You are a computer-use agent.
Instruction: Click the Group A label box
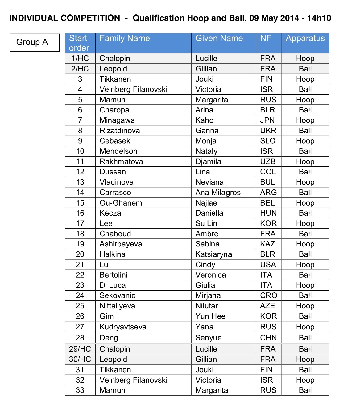tap(35, 43)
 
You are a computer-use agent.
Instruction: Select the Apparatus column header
tap(305, 39)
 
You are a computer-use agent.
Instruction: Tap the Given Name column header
tap(219, 39)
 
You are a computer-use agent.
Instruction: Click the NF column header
tap(266, 39)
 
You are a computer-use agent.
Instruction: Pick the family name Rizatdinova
tap(120, 131)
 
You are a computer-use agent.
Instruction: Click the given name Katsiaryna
tap(213, 254)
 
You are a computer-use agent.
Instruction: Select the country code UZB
tap(268, 162)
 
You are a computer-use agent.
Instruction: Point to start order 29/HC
tap(80, 349)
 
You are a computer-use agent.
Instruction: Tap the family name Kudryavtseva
tap(123, 327)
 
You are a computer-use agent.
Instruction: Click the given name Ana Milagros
tap(218, 193)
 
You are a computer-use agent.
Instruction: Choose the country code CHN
tap(268, 338)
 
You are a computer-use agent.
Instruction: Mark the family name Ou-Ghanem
tap(121, 203)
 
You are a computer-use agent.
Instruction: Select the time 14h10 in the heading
tap(319, 18)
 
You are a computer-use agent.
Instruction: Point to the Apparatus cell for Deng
tap(305, 338)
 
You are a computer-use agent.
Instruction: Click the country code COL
tap(268, 172)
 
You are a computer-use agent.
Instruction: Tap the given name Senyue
tap(208, 338)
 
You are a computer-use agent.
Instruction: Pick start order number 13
tap(80, 182)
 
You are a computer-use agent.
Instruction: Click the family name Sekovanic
tap(117, 296)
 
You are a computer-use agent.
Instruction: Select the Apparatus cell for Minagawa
tap(305, 120)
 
